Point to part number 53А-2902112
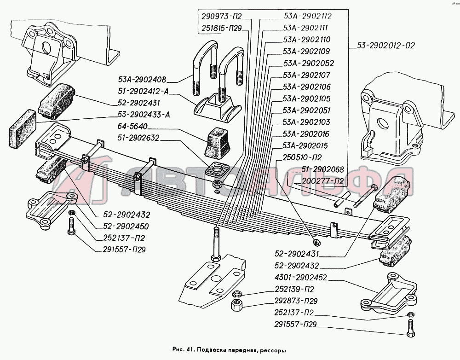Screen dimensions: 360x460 tap(308, 16)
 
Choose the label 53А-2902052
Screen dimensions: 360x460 tap(308, 63)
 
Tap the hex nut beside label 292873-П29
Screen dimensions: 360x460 tap(237, 304)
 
